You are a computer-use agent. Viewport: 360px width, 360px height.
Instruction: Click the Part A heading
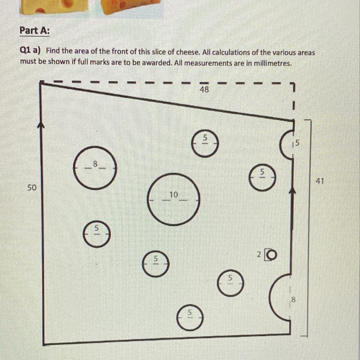(x=35, y=30)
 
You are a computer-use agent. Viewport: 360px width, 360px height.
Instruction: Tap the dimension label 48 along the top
(x=204, y=89)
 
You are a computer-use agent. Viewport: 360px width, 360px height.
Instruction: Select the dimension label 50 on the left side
(x=32, y=188)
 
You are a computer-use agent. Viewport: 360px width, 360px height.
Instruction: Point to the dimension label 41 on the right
(x=320, y=181)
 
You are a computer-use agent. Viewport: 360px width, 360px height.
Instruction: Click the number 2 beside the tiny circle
(x=259, y=254)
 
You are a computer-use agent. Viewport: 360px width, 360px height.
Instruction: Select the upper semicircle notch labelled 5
(x=281, y=145)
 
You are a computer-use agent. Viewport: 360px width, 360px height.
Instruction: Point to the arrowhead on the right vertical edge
(x=292, y=191)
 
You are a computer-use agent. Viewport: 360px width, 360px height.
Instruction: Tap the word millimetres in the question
(x=273, y=63)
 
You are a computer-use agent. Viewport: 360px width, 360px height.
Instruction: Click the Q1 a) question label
(x=30, y=51)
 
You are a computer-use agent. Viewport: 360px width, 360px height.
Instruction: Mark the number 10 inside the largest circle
(x=174, y=195)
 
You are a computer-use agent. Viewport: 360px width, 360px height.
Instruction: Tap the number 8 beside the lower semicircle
(x=293, y=300)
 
